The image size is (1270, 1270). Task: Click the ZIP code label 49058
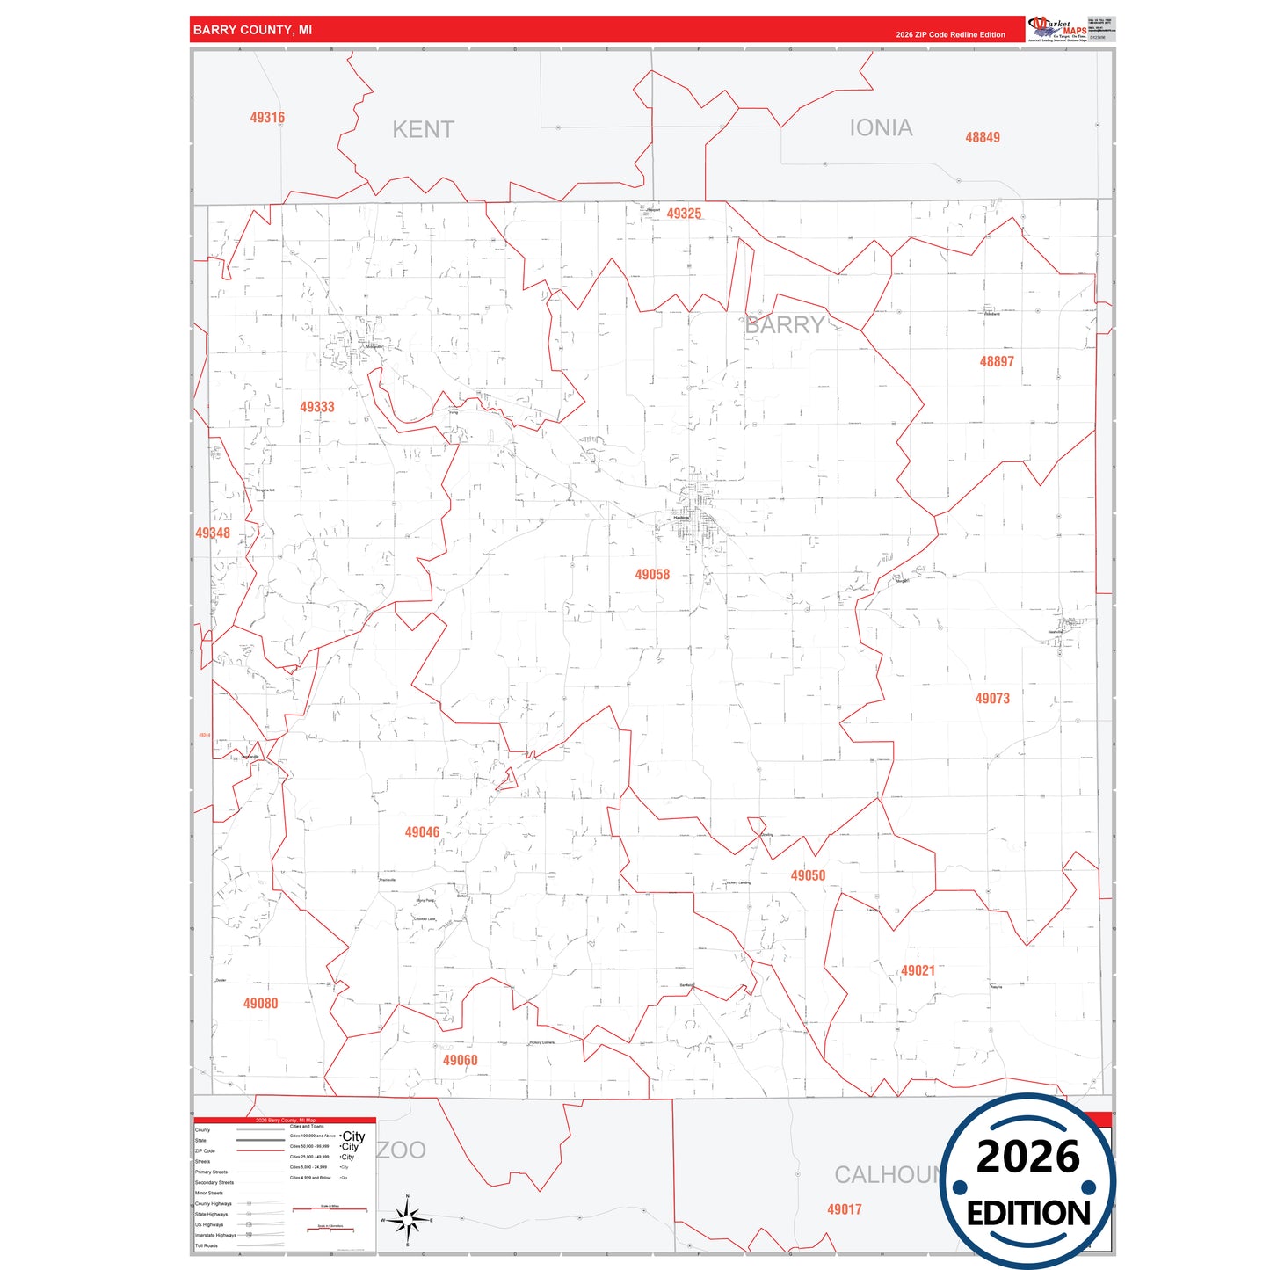coord(652,575)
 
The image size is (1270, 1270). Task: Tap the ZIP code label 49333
coord(317,407)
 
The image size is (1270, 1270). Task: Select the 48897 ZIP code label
coord(997,361)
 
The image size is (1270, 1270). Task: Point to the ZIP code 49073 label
coord(992,699)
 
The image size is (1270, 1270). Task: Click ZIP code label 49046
coord(422,832)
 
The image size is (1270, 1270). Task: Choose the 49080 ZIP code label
coord(260,1004)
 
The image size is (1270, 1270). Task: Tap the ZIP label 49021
coord(918,971)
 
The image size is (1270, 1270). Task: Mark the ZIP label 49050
coord(808,875)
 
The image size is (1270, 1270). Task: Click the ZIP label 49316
coord(267,118)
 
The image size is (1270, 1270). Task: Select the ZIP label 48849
coord(983,137)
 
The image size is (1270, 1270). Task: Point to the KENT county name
coord(423,130)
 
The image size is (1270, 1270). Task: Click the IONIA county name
coord(881,128)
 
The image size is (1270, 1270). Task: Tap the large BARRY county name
coord(785,325)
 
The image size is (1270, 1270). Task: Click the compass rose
coord(407,1220)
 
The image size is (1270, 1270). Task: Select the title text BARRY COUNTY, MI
coord(252,30)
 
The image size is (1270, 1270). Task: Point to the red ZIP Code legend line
coord(260,1151)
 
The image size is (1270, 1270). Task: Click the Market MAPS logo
coord(1057,28)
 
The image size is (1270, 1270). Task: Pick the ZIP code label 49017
coord(844,1209)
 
